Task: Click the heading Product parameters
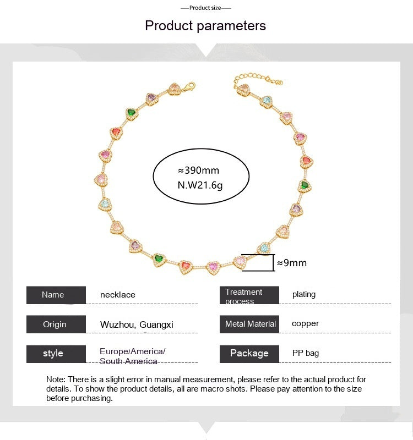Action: click(x=205, y=25)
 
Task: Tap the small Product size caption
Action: click(x=205, y=8)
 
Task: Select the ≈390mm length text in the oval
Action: click(x=199, y=170)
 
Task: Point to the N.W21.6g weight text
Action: click(x=200, y=185)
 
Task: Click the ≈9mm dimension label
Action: click(x=292, y=263)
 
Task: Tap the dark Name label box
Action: click(x=56, y=295)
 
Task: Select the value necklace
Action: click(x=118, y=295)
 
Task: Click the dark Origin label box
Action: click(x=56, y=324)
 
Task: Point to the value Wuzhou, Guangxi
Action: click(x=137, y=324)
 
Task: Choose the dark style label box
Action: click(x=56, y=353)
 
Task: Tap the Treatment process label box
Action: click(x=249, y=295)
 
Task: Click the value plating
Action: click(x=304, y=294)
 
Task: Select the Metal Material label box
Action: click(x=249, y=324)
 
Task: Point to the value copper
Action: click(x=306, y=323)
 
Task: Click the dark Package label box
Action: click(x=249, y=353)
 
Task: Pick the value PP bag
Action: click(x=306, y=353)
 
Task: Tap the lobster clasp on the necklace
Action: click(x=189, y=86)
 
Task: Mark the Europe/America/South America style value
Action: click(x=132, y=356)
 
